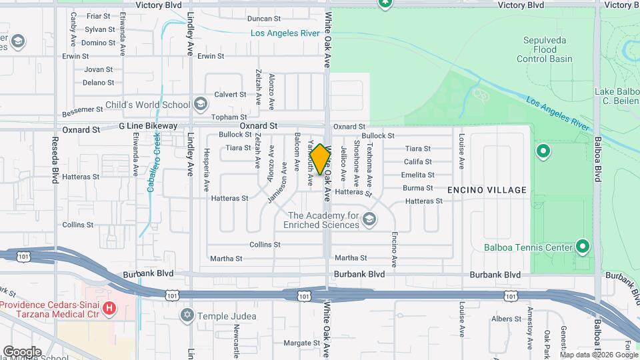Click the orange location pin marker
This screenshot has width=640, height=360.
pos(321,159)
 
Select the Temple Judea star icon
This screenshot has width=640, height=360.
pos(188,314)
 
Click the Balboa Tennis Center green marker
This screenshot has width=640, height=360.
pos(583,247)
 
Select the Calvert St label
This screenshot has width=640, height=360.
pos(231,95)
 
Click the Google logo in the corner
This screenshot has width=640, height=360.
pos(22,351)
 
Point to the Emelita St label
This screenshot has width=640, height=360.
pos(418,175)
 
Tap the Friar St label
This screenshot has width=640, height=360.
pos(98,15)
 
